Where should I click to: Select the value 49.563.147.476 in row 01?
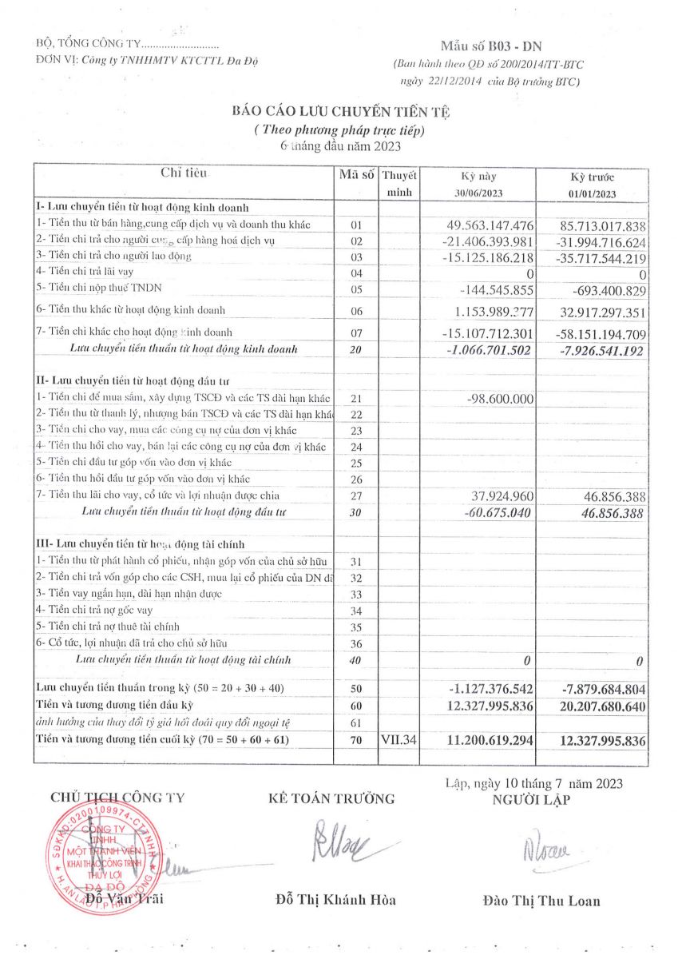click(488, 226)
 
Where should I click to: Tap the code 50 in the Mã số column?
click(356, 689)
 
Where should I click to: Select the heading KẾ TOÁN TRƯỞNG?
click(331, 798)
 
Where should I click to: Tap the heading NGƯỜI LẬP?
click(532, 800)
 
